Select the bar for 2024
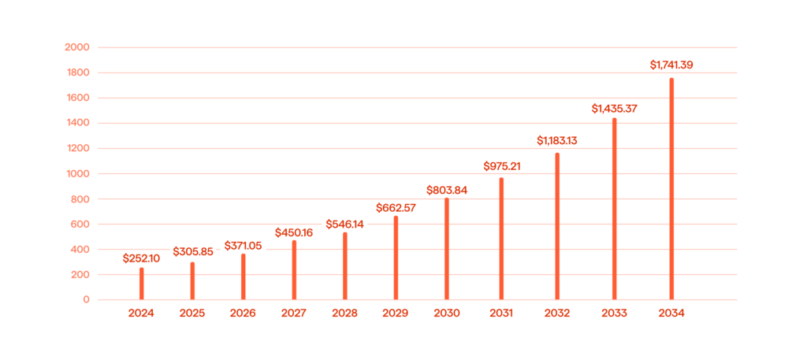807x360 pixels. click(142, 284)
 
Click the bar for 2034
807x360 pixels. click(671, 189)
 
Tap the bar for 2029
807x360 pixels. click(396, 258)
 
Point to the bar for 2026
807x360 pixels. click(243, 276)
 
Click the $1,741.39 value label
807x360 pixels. click(671, 65)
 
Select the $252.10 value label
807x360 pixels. click(142, 258)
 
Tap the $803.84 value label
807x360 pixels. click(447, 190)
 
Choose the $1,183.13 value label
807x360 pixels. click(557, 140)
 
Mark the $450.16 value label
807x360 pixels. click(294, 232)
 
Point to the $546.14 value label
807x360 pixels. click(345, 224)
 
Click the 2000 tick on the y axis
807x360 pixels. click(79, 47)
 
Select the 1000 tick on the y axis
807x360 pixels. click(79, 173)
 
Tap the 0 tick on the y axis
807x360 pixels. click(86, 300)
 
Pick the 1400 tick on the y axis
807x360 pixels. click(79, 123)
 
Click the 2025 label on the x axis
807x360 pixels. click(192, 314)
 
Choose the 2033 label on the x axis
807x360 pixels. click(614, 314)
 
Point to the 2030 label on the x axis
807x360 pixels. click(447, 314)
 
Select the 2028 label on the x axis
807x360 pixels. click(345, 314)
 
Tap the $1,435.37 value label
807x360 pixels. click(614, 109)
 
